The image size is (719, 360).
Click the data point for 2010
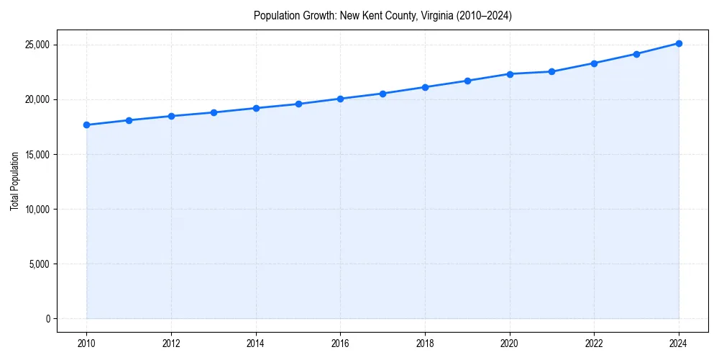coord(86,125)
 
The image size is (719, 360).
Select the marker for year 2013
coord(214,112)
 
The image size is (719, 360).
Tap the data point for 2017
coord(383,94)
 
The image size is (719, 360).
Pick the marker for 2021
coord(551,71)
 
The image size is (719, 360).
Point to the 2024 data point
coord(679,43)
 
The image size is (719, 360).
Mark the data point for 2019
coord(467,81)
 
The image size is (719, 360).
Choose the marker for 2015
coord(298,104)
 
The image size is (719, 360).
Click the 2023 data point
coord(636,54)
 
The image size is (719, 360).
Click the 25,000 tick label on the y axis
coord(36,45)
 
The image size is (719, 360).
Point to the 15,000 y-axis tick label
coord(36,154)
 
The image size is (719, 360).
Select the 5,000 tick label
coord(38,264)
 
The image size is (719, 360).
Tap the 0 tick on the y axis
coord(47,319)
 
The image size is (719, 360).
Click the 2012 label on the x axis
coord(171,344)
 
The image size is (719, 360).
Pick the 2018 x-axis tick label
coord(425,344)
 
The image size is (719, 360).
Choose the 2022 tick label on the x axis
coord(594,344)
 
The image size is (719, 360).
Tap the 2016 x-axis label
coord(340,344)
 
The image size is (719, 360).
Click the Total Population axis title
coord(14,181)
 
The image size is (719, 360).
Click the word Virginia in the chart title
coord(429,15)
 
